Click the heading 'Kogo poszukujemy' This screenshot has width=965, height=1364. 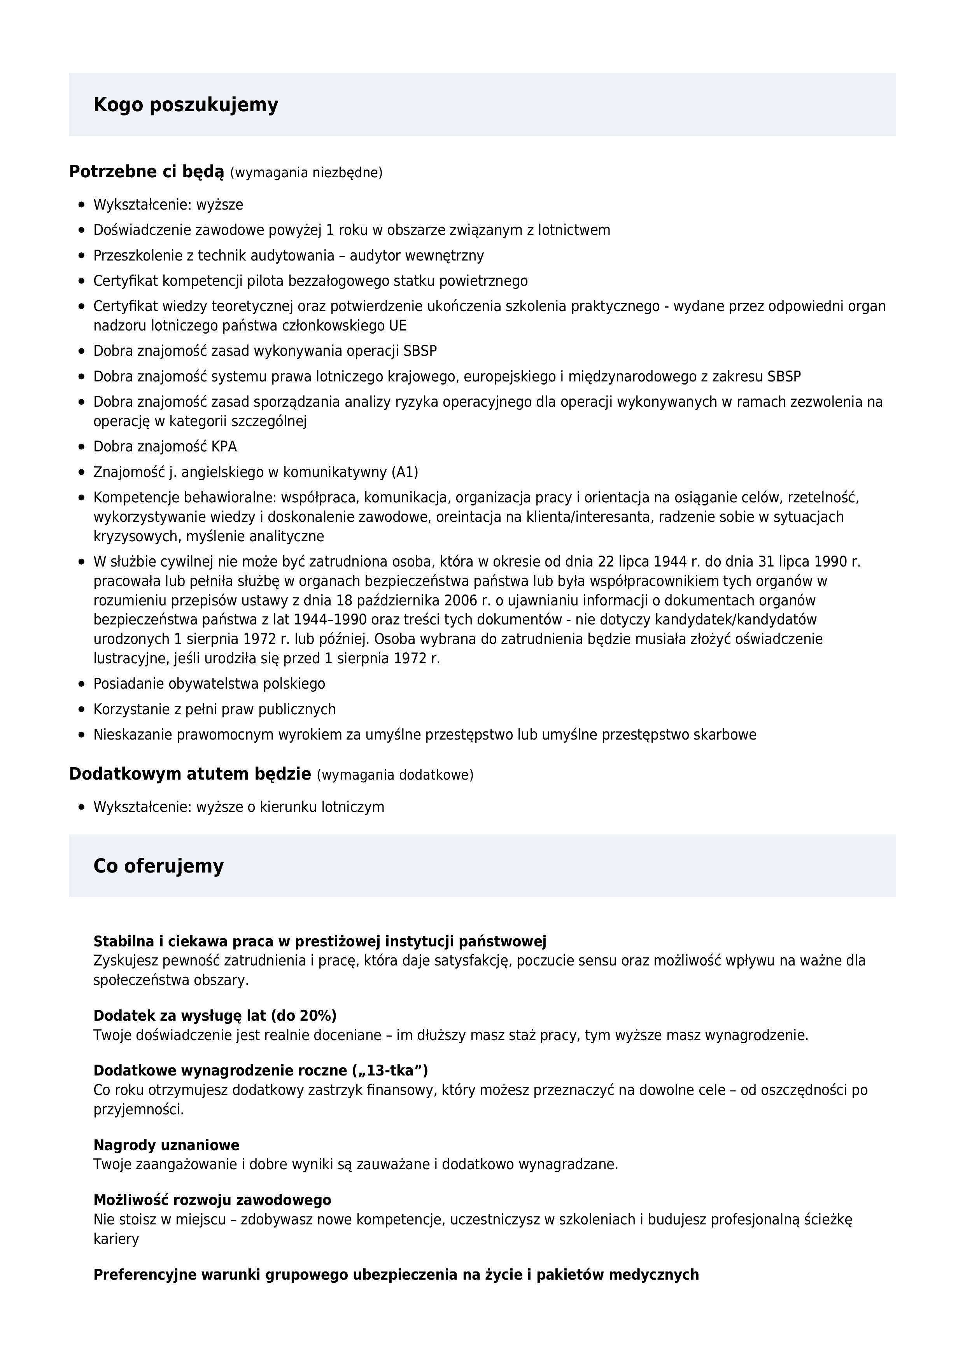coord(186,105)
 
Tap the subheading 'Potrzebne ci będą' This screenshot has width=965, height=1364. coord(146,172)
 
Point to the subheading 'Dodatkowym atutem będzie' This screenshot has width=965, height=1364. coord(189,774)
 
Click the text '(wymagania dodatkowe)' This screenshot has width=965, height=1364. coord(395,775)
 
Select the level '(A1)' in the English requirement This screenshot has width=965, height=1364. coord(405,472)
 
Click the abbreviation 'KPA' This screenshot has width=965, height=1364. coord(224,447)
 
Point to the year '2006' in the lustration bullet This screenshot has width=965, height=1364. coord(461,600)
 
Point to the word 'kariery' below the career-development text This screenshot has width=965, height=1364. coord(116,1239)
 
